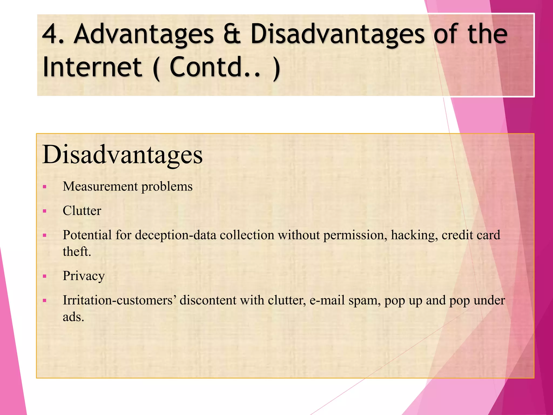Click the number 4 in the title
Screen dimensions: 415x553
(x=51, y=34)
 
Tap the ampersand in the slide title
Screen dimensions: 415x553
(x=232, y=34)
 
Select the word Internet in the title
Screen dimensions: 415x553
(x=92, y=67)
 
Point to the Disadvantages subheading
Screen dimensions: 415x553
(x=122, y=155)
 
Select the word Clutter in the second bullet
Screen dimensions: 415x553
(x=82, y=211)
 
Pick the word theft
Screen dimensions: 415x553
(x=77, y=252)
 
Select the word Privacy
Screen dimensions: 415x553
(x=84, y=276)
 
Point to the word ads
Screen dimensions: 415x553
(x=73, y=317)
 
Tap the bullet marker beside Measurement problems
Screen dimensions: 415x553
(x=45, y=187)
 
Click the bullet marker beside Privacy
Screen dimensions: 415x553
(x=45, y=276)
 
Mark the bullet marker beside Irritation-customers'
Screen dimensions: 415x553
(x=45, y=300)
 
